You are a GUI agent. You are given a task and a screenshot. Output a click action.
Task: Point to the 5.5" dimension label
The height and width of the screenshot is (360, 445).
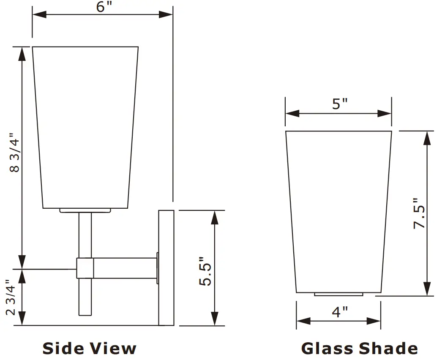(206, 271)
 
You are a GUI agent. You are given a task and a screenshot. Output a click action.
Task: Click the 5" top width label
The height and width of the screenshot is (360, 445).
(339, 104)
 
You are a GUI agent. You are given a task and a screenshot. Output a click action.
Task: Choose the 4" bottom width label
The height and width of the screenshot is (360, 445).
(339, 312)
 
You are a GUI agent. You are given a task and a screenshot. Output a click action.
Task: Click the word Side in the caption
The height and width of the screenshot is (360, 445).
(63, 348)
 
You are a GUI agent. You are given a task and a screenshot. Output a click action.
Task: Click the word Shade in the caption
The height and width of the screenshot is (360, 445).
(388, 348)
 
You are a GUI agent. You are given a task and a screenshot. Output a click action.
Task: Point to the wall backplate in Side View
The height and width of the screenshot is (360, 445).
(166, 267)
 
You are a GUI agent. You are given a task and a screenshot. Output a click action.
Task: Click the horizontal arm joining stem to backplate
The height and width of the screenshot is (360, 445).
(125, 268)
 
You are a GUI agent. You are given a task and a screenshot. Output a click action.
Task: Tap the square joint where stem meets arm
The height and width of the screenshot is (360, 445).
(85, 268)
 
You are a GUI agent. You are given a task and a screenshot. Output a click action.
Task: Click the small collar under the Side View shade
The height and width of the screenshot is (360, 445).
(85, 210)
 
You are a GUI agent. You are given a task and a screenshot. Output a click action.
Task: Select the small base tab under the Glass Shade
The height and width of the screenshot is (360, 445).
(339, 294)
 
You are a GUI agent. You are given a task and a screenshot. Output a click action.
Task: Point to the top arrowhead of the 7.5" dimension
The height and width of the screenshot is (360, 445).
(428, 137)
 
